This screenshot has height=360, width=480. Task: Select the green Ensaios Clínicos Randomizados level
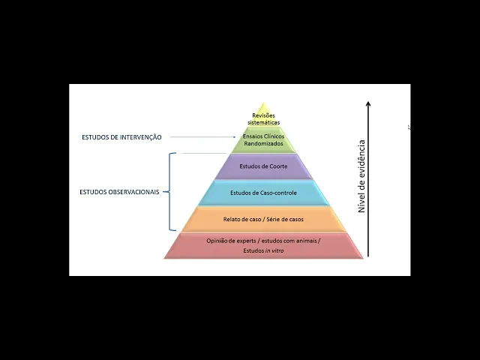pos(263,139)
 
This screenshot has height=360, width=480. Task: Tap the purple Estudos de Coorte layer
pos(263,166)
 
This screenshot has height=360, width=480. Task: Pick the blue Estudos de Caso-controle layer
pos(263,193)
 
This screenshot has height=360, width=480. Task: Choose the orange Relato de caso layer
pos(263,219)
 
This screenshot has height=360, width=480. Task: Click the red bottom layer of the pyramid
pos(263,245)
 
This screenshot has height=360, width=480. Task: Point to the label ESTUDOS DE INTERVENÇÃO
pos(121,137)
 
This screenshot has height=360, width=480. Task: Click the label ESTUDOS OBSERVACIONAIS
pos(119,192)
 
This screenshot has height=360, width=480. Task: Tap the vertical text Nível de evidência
pos(361,175)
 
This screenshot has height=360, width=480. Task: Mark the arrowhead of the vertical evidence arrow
pos(368,105)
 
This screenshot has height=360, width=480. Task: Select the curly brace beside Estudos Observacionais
pos(172,192)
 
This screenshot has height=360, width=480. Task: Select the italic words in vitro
pos(274,250)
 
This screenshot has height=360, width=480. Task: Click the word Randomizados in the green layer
pos(263,143)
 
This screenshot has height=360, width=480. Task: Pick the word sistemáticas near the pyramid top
pos(263,121)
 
